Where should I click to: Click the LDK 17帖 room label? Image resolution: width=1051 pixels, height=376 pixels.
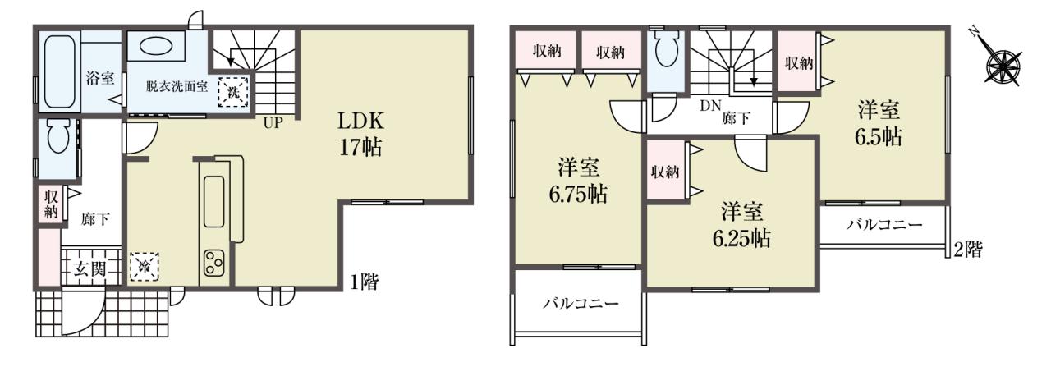[360, 134]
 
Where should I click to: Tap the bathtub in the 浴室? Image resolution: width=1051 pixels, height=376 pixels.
[60, 71]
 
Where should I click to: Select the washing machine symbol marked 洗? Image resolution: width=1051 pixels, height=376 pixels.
[233, 92]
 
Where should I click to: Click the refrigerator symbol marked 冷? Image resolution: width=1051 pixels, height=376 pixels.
[145, 267]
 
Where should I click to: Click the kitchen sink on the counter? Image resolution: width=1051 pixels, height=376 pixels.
[214, 202]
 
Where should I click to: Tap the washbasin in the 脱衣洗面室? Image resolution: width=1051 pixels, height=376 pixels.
[156, 46]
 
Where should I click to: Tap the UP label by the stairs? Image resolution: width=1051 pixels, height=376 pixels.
[273, 123]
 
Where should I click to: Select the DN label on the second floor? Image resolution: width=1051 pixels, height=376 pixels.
[710, 105]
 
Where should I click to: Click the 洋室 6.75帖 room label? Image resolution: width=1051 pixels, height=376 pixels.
[578, 181]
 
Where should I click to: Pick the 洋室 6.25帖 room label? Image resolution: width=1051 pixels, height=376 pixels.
[741, 225]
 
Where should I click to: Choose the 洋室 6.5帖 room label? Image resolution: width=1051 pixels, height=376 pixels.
[879, 124]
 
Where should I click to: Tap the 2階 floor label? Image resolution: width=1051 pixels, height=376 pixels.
[967, 249]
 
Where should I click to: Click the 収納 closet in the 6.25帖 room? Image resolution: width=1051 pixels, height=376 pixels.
[665, 172]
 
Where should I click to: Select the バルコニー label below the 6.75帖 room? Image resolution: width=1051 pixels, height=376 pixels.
[581, 303]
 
